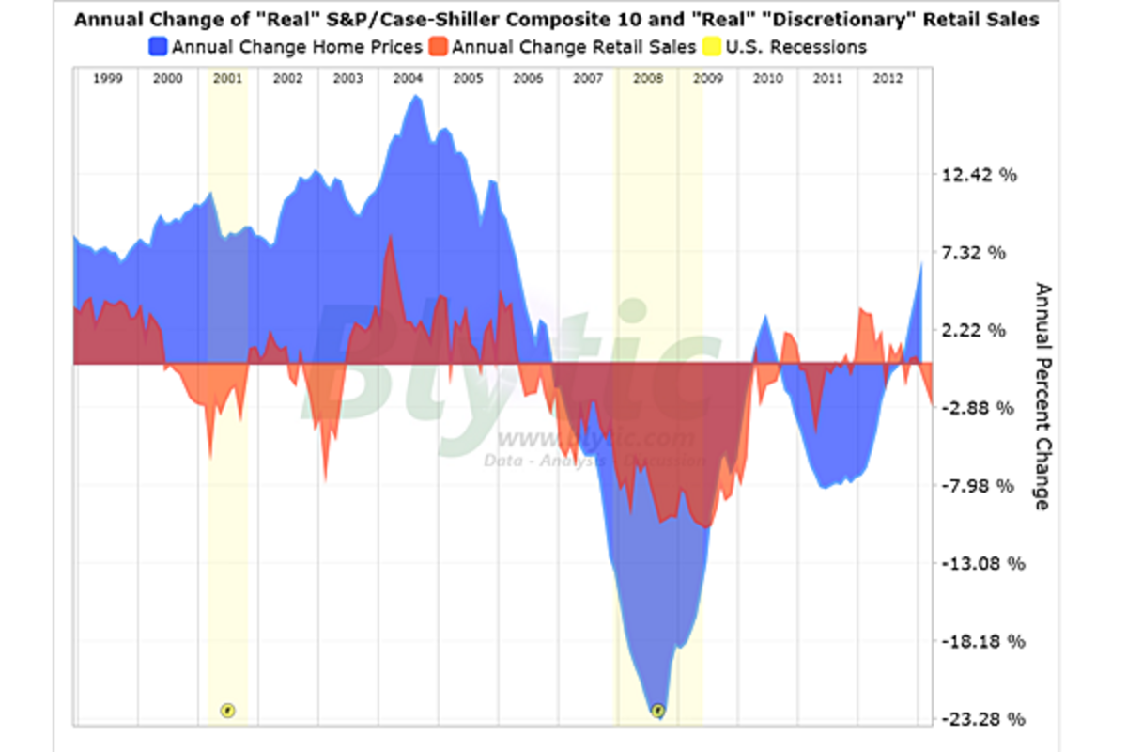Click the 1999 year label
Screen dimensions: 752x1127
108,79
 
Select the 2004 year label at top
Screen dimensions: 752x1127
408,79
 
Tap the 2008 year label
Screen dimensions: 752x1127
648,79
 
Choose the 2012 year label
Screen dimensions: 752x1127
888,79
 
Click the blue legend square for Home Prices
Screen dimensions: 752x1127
158,46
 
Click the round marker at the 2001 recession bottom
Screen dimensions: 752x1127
227,710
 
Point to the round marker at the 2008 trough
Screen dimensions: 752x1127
658,710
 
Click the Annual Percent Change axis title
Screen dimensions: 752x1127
1040,396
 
